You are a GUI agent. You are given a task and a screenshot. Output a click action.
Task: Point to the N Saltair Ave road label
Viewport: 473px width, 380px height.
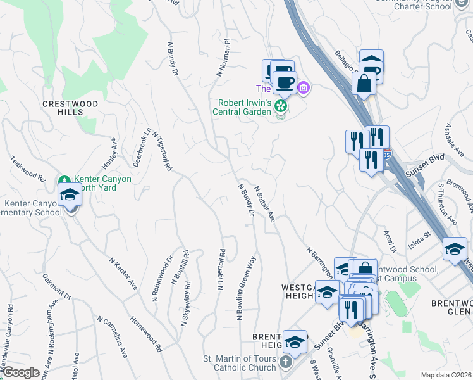point(265,204)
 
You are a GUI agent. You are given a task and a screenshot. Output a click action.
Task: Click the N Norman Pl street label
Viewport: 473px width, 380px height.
point(222,58)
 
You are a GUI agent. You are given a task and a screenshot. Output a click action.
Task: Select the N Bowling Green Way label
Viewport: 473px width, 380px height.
point(247,289)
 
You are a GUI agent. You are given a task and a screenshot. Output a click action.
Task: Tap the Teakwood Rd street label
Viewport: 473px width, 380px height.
point(27,169)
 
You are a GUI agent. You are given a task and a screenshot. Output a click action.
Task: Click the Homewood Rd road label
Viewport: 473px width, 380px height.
point(146,334)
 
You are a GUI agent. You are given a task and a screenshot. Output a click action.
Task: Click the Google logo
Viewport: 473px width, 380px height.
point(20,373)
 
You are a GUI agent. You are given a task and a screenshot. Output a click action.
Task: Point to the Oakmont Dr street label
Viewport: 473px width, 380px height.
point(56,286)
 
